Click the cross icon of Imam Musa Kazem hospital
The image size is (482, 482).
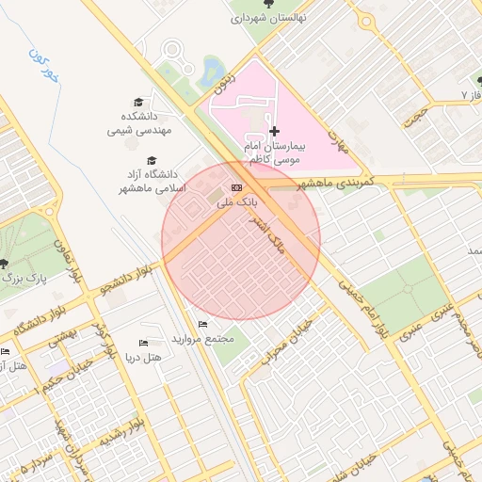coord(274,130)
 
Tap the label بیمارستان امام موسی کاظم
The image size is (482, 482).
coord(274,154)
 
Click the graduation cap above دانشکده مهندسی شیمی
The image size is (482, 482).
coord(138,102)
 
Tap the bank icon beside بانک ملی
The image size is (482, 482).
coord(235,188)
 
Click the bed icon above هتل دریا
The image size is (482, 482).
coord(143,344)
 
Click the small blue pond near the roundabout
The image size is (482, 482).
coord(213,70)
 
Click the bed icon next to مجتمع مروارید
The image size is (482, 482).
coord(202,325)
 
